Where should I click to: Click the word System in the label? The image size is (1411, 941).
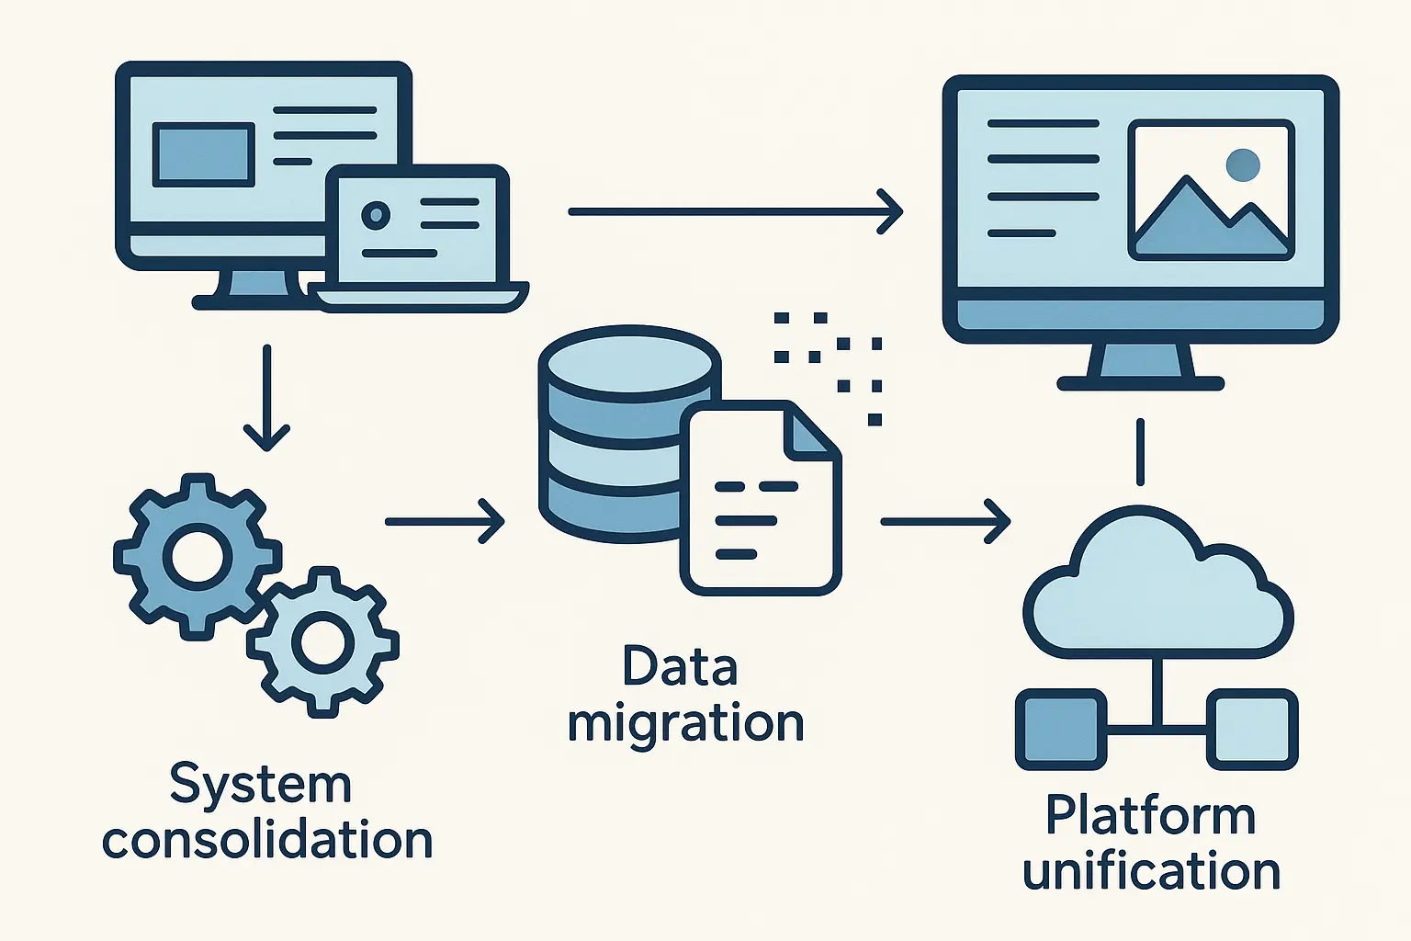261,786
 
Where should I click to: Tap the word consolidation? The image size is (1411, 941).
267,841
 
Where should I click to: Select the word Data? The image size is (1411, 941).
680,666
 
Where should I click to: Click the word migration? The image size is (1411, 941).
685,724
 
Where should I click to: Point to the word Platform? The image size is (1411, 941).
1150,816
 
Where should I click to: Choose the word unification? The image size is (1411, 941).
1151,871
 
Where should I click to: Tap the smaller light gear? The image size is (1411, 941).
322,641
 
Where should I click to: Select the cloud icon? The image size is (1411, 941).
1157,593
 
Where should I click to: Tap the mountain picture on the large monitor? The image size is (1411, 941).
1211,190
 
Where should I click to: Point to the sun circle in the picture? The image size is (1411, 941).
1242,165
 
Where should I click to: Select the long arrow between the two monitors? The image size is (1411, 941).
735,211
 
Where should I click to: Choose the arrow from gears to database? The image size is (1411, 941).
445,521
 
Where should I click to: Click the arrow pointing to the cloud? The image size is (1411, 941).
944,521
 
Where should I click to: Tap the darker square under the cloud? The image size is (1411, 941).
1060,729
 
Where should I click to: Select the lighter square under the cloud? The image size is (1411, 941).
1251,729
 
